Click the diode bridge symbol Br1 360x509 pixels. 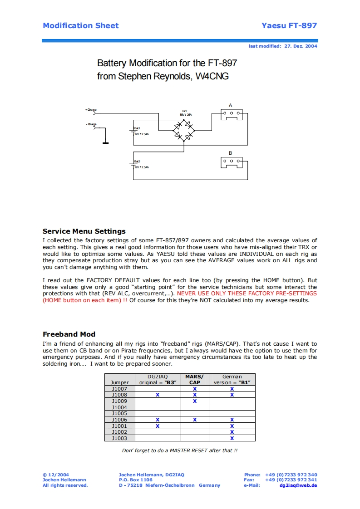tap(183, 130)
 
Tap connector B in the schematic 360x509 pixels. tap(231, 162)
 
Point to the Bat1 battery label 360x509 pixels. tap(137, 128)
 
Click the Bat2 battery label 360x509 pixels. tap(137, 162)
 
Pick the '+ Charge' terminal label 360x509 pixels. tap(91, 109)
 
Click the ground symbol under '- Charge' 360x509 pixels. tap(105, 143)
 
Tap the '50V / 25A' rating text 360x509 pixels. tap(185, 115)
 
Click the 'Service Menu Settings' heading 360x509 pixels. tap(84, 231)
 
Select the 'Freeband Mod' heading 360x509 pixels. tap(69, 334)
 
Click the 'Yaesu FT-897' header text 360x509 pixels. tap(289, 25)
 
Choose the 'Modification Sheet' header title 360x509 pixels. tap(80, 25)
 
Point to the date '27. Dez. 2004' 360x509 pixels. tap(301, 46)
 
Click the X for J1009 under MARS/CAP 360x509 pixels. tap(195, 401)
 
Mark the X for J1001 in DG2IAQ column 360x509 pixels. tap(158, 426)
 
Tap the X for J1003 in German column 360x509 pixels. tap(232, 438)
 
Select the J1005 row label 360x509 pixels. tap(119, 413)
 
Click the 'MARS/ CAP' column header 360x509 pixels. tap(195, 379)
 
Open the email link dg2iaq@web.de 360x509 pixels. tap(298, 485)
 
